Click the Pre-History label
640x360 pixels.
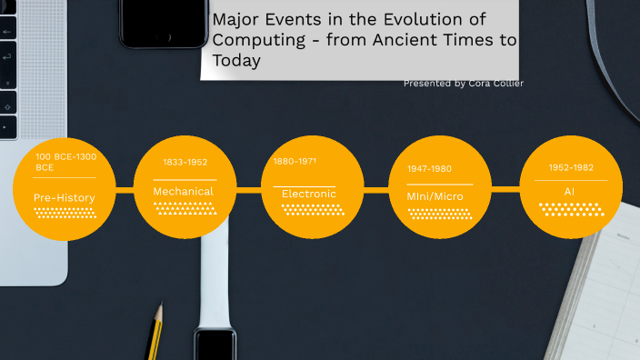click(x=64, y=197)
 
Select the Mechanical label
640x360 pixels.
click(x=183, y=191)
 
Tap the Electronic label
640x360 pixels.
click(x=309, y=194)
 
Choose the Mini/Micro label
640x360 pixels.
click(x=436, y=195)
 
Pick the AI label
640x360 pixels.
click(x=569, y=192)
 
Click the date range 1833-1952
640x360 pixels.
click(x=185, y=162)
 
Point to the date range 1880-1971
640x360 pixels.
click(x=295, y=161)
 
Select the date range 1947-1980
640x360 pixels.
click(x=429, y=168)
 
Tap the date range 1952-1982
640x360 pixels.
click(x=571, y=167)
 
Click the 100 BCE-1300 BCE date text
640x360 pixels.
click(x=65, y=162)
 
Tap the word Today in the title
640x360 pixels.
click(x=236, y=60)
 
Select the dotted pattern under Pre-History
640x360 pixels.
click(x=65, y=213)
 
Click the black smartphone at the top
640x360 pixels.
click(x=164, y=23)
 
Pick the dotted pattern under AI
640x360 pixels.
click(x=571, y=209)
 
